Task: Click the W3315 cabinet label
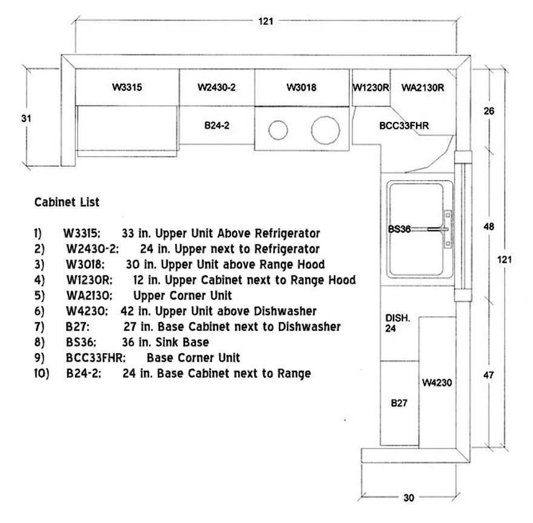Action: (x=127, y=87)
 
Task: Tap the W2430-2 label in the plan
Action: (x=216, y=87)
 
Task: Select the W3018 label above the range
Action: (x=301, y=87)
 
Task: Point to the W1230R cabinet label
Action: (x=370, y=87)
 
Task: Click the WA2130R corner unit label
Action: (x=423, y=87)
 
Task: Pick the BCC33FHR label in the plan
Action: (x=404, y=126)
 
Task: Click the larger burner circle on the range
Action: (x=324, y=129)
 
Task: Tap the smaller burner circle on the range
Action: (x=278, y=129)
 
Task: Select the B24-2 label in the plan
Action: (x=216, y=126)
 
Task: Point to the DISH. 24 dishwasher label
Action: (x=398, y=323)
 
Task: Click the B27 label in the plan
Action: (x=398, y=403)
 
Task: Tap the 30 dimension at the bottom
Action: (x=409, y=498)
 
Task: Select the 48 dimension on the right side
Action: (x=489, y=226)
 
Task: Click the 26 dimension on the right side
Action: (x=489, y=111)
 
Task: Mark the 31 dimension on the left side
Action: (x=25, y=118)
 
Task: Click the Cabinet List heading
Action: (x=67, y=202)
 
